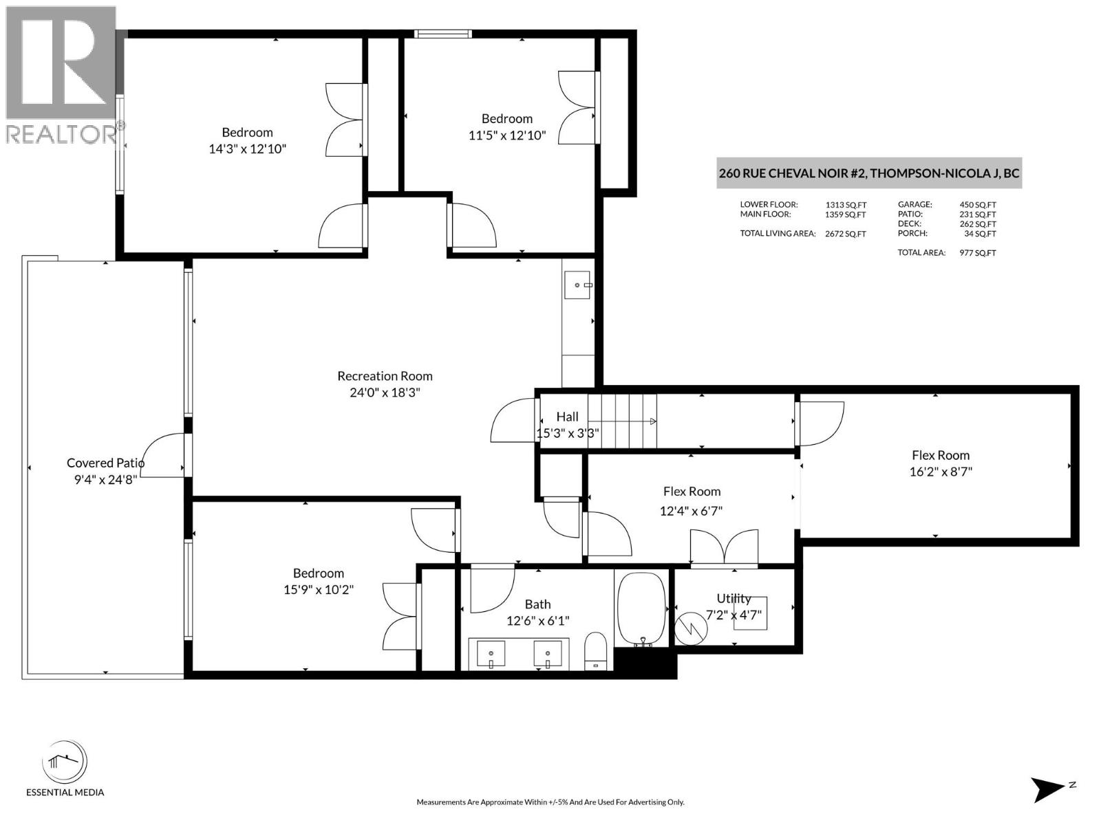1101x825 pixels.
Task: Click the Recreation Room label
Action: (x=385, y=376)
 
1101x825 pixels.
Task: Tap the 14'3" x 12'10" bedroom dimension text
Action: (x=247, y=148)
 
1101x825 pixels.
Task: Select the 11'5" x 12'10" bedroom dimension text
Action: (x=507, y=135)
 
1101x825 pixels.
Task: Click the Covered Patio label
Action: (x=105, y=463)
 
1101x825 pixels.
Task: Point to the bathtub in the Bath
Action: (x=641, y=609)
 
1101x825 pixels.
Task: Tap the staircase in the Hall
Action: (x=622, y=421)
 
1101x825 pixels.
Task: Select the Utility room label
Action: (x=734, y=598)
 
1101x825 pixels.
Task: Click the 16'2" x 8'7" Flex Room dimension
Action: (x=940, y=472)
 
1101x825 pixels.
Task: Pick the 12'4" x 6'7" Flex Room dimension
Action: (x=691, y=511)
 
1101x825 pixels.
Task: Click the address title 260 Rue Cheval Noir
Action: (x=868, y=173)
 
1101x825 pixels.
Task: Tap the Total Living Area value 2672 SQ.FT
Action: (x=845, y=234)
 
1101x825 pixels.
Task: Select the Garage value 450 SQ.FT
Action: (x=977, y=204)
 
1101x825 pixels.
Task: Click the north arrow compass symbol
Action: (x=1049, y=789)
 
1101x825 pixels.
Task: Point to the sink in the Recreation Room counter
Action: (x=577, y=285)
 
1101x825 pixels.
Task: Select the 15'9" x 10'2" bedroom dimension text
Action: (x=318, y=589)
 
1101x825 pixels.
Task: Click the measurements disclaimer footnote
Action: (x=550, y=802)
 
